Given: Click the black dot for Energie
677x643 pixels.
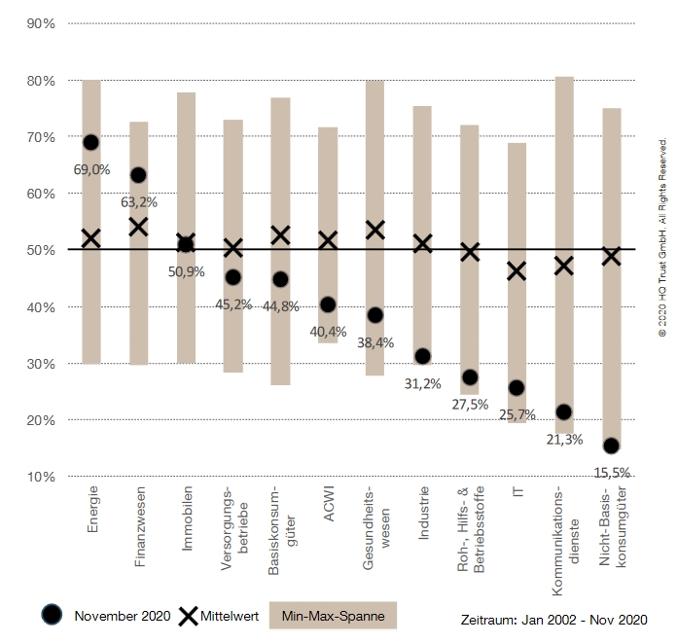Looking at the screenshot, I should click(x=90, y=142).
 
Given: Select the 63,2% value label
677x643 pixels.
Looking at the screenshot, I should click(x=138, y=202).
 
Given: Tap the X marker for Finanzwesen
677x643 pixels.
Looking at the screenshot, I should click(x=138, y=227).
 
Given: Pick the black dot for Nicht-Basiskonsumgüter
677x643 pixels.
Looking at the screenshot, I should click(x=611, y=446).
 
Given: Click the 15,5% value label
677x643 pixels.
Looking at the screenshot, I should click(x=611, y=473).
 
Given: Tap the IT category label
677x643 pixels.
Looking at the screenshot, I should click(x=517, y=494).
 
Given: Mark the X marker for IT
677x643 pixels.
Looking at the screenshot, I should click(x=517, y=271).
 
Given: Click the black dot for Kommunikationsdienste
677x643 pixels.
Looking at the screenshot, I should click(x=563, y=412).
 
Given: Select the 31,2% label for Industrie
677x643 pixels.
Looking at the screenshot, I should click(x=422, y=384).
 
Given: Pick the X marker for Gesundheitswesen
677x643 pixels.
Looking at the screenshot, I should click(x=374, y=230).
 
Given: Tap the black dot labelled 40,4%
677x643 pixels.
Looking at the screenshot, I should click(x=328, y=305).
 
